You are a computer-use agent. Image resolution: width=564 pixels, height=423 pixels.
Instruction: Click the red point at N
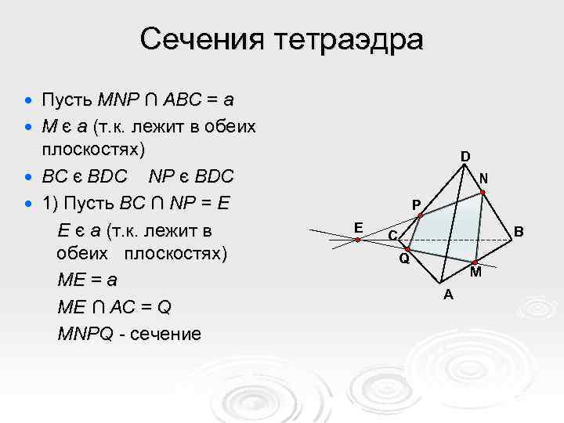click(483, 192)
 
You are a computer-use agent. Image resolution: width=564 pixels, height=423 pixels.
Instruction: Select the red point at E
click(356, 240)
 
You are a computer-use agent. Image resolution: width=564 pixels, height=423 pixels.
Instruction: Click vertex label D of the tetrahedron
click(465, 157)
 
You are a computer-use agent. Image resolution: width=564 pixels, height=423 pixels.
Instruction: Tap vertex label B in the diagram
click(519, 232)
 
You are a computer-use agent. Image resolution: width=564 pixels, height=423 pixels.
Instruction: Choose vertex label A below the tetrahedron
click(447, 295)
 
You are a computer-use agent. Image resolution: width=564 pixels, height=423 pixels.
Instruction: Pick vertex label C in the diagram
click(393, 235)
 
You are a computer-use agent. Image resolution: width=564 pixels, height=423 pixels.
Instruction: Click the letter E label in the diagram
click(357, 227)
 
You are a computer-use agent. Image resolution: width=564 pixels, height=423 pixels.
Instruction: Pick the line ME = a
click(90, 280)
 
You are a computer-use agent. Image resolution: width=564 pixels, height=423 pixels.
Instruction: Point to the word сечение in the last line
click(167, 334)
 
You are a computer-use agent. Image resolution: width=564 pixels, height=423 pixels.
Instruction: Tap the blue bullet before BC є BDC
click(29, 175)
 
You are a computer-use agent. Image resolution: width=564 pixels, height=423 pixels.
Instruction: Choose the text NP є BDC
click(190, 175)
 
